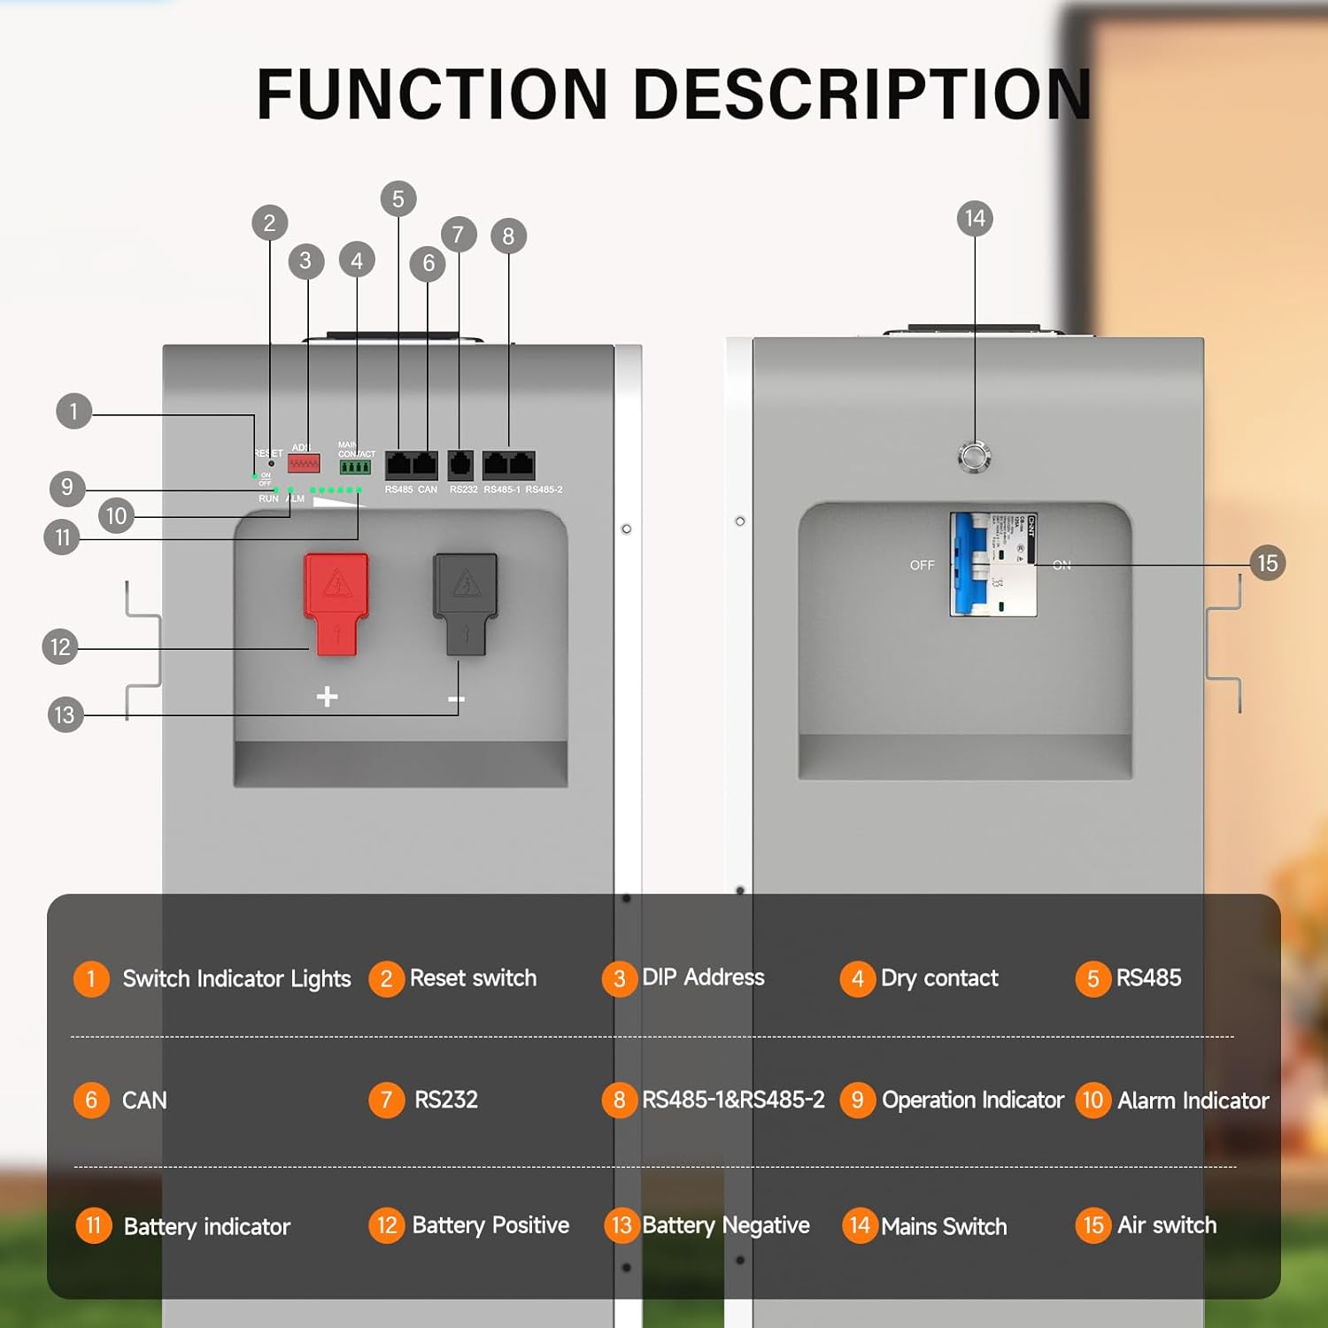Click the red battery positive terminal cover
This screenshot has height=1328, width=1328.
pos(336,602)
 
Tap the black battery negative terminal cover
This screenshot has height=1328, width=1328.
pos(465,602)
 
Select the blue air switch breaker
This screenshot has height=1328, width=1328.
pos(972,564)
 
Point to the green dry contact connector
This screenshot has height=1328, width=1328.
pos(355,467)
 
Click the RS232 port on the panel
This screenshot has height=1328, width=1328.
pos(460,464)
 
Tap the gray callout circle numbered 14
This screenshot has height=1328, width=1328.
pos(975,219)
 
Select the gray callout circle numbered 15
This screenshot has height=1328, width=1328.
pos(1267,563)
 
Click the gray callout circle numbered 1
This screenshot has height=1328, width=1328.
pos(73,412)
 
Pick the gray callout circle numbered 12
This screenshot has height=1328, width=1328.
pos(60,647)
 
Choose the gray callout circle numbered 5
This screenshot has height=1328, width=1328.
pos(398,199)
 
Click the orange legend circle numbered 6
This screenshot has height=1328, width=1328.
pos(91,1100)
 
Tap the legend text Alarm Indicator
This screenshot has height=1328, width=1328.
pos(1193,1100)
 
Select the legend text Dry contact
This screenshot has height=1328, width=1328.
pos(939,978)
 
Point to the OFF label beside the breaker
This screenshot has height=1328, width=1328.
pos(922,565)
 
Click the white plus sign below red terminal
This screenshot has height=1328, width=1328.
pos(327,697)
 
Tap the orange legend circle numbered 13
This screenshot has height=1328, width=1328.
pos(621,1225)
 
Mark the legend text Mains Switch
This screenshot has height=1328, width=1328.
pos(944,1226)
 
